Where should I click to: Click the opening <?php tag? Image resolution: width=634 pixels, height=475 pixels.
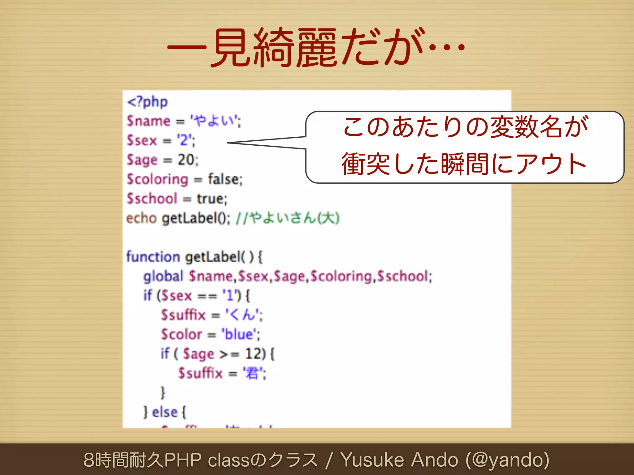point(147,102)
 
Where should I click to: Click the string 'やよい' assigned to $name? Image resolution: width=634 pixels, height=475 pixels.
point(215,121)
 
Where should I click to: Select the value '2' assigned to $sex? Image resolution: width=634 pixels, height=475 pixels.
point(185,140)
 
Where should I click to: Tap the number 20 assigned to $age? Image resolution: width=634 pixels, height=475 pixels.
point(186,160)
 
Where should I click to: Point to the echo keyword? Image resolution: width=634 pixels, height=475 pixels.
point(141,218)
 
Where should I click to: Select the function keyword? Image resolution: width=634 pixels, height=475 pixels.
point(153,257)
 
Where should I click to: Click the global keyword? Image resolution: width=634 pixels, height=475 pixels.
point(163,276)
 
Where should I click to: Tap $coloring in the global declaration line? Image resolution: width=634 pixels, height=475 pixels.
point(341,276)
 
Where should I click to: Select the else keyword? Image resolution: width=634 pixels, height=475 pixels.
point(165,412)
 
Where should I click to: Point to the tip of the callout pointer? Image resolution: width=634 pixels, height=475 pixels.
point(228,143)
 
